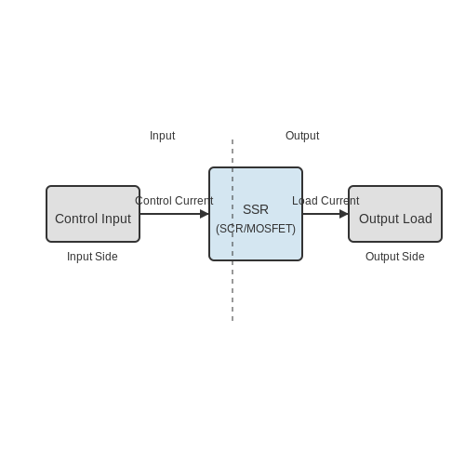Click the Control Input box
tap(93, 214)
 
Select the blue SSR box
tap(256, 214)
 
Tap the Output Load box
tap(395, 214)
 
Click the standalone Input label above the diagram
tap(163, 136)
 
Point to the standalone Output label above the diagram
tap(302, 136)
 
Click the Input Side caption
tap(92, 257)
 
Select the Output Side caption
tap(395, 257)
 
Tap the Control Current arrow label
tap(174, 201)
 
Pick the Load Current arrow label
tap(325, 201)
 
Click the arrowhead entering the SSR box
tap(205, 214)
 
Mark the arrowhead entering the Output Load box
tap(344, 214)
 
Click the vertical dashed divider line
tap(232, 230)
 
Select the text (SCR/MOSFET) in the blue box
tap(256, 229)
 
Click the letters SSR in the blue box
tap(256, 209)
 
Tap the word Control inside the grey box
tap(76, 219)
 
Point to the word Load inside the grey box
tap(418, 219)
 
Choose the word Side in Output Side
tap(413, 257)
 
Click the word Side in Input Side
tap(106, 257)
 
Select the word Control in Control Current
tap(153, 201)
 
